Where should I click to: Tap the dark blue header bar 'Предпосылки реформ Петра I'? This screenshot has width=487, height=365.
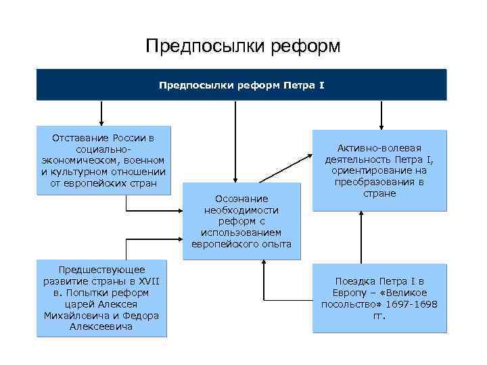(241, 86)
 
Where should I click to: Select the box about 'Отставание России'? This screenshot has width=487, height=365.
(103, 161)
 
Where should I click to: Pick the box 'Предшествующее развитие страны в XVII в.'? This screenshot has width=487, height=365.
(101, 298)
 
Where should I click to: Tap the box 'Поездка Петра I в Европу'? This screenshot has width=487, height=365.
(379, 298)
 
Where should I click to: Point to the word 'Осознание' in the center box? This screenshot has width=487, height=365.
(241, 198)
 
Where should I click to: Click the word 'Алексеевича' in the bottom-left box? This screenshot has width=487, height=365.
(101, 327)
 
